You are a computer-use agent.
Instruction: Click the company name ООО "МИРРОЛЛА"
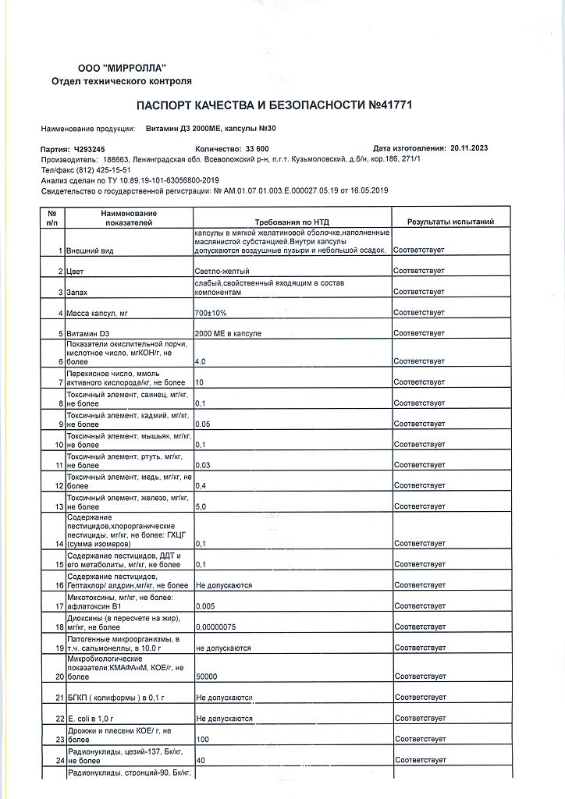pyautogui.click(x=122, y=69)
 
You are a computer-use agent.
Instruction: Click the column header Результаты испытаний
pyautogui.click(x=450, y=222)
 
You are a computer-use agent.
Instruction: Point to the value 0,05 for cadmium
pyautogui.click(x=203, y=424)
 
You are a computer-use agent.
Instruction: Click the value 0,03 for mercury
pyautogui.click(x=203, y=465)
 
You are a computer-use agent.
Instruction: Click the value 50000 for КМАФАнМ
pyautogui.click(x=207, y=676)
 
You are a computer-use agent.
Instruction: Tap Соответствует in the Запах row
pyautogui.click(x=419, y=292)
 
